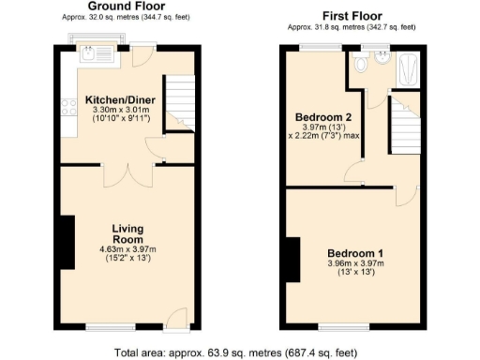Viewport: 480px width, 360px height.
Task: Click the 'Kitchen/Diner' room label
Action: [x=113, y=99]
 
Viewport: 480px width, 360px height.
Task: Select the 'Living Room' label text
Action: [x=127, y=233]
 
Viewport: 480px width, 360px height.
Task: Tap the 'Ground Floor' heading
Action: [x=123, y=7]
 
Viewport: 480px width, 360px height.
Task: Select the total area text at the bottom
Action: [x=240, y=352]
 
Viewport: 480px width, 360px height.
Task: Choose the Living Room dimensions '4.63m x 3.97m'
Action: [x=127, y=249]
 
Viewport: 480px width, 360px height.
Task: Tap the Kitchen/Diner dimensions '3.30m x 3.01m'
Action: [x=113, y=110]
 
